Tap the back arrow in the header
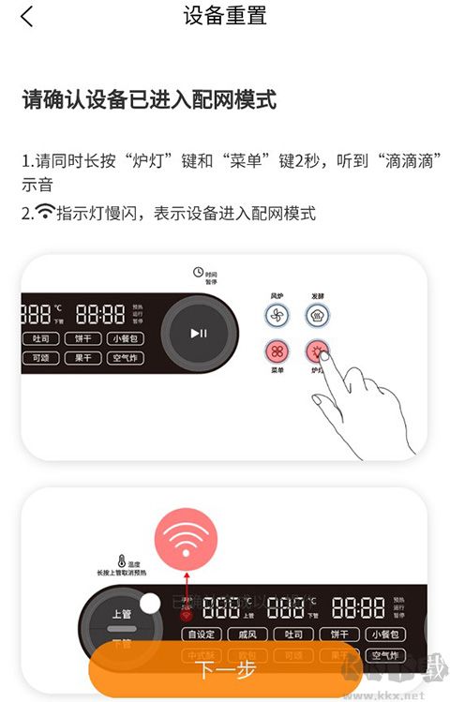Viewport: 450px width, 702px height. pyautogui.click(x=27, y=16)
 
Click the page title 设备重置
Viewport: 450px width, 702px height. pyautogui.click(x=225, y=16)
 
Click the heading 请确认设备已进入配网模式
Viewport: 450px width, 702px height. pyautogui.click(x=149, y=100)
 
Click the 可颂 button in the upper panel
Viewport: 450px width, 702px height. pyautogui.click(x=40, y=358)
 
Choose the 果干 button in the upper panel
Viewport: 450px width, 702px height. pyautogui.click(x=82, y=358)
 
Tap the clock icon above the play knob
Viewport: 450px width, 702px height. pyautogui.click(x=198, y=272)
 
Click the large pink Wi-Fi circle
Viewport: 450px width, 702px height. pyautogui.click(x=187, y=540)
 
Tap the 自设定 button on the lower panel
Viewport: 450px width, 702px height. pyautogui.click(x=202, y=635)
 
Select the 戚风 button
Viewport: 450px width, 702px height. pyautogui.click(x=248, y=635)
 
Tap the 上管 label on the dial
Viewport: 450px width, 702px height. pyautogui.click(x=122, y=614)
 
